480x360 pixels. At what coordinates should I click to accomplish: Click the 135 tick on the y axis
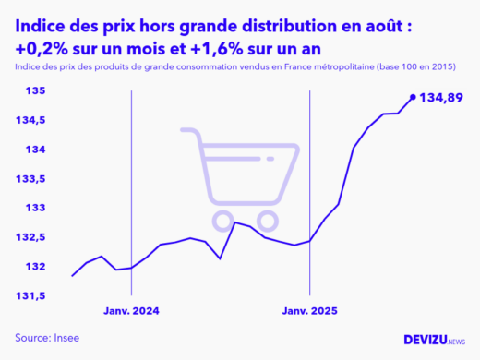point(33,90)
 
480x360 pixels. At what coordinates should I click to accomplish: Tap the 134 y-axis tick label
point(33,150)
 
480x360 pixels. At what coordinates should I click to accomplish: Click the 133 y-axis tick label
point(33,208)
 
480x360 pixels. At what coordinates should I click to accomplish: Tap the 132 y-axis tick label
point(33,267)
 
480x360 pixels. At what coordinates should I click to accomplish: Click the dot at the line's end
point(412,96)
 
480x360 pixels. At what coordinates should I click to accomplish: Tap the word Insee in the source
point(66,338)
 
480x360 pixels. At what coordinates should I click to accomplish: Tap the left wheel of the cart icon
point(223,220)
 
